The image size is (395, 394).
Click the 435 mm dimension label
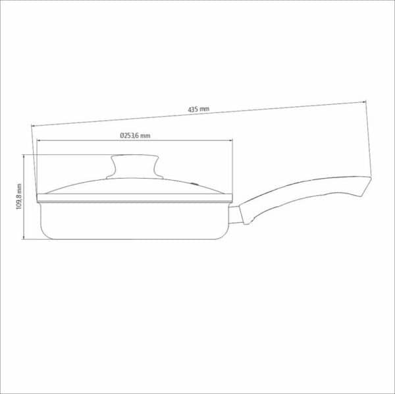tap(199, 109)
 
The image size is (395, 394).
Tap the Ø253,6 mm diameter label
tap(135, 136)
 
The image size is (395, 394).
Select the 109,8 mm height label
tap(19, 196)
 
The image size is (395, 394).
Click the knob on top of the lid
tap(134, 167)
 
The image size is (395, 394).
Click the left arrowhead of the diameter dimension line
tap(39, 140)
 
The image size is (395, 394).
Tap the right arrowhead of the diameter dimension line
tap(230, 140)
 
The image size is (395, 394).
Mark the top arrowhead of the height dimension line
tap(24, 157)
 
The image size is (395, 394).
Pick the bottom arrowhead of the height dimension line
tap(24, 237)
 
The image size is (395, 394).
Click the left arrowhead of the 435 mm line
tap(34, 125)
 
